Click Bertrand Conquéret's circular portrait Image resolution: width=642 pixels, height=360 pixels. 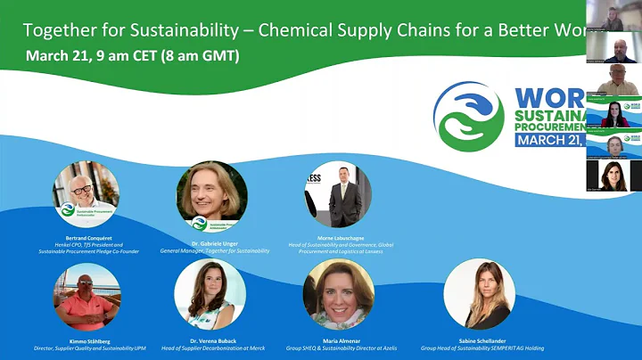[x=86, y=194]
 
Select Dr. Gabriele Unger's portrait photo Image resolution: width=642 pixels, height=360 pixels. [x=211, y=196]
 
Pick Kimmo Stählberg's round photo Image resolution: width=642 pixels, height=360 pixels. [x=86, y=297]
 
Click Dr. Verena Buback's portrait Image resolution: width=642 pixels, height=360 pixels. [x=210, y=295]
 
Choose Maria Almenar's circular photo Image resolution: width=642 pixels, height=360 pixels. [x=338, y=295]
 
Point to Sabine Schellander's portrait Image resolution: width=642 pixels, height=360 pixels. [x=479, y=295]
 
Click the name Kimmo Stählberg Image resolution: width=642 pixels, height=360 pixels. [x=86, y=340]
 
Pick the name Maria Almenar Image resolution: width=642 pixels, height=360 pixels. [x=338, y=340]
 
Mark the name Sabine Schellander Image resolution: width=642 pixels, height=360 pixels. [x=480, y=340]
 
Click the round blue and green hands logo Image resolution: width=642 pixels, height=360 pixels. [x=468, y=117]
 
